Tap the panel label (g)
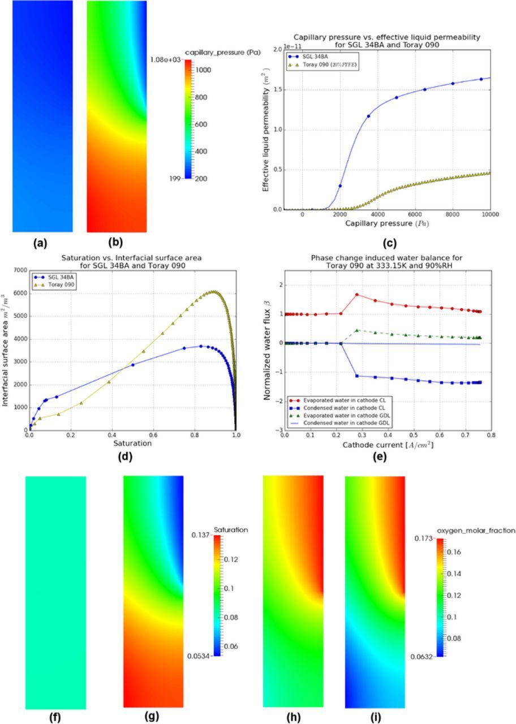point(152,716)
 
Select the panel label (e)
point(379,455)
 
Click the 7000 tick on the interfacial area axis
point(19,270)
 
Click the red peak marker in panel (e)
point(357,295)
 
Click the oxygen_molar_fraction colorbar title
point(476,531)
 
